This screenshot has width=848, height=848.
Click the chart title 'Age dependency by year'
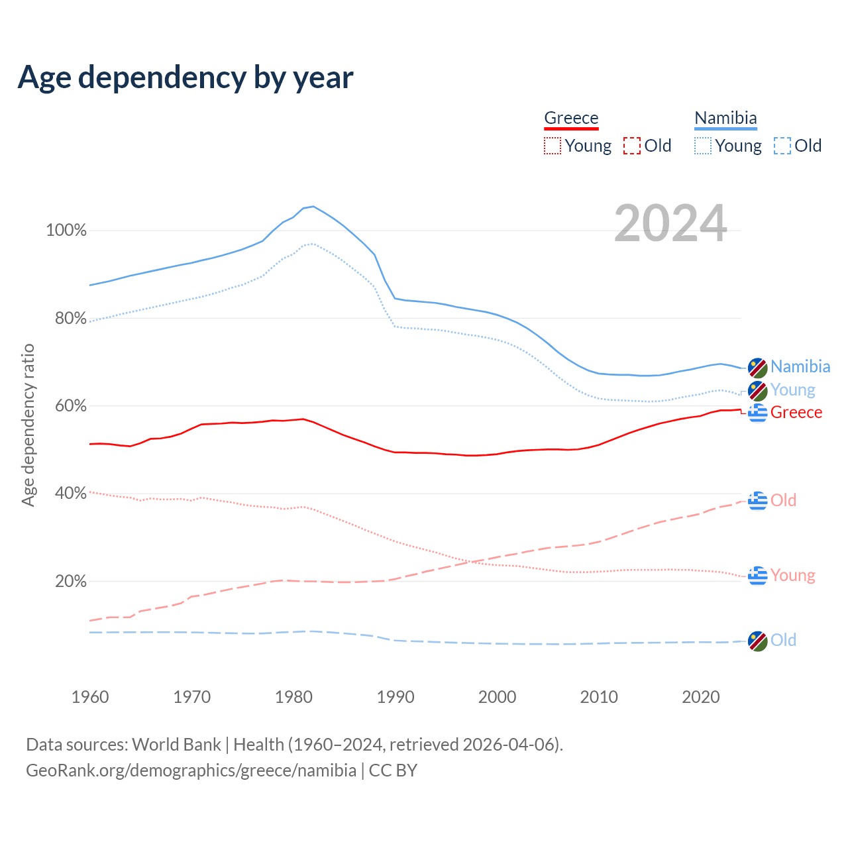(x=185, y=78)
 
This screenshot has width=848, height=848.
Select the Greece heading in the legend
(x=571, y=118)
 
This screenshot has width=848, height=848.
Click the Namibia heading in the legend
(x=725, y=118)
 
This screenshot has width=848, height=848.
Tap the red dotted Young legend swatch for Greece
(x=552, y=146)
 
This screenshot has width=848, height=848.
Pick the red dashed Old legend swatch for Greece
(x=632, y=146)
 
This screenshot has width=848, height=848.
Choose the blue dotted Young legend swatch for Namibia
(x=703, y=146)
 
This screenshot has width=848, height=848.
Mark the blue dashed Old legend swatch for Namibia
(x=782, y=146)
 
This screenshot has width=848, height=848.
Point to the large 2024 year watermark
(x=670, y=223)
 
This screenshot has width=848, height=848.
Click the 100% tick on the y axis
(x=66, y=231)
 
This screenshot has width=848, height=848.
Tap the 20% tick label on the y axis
(x=71, y=582)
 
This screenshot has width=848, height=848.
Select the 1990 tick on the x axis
(x=396, y=697)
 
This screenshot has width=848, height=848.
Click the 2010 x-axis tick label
(x=599, y=697)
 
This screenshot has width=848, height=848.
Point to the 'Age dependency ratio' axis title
(x=28, y=425)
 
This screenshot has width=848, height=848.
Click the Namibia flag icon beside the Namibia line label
(x=758, y=367)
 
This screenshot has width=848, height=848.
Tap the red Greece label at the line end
(x=796, y=412)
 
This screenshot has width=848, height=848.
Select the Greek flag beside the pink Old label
(x=758, y=500)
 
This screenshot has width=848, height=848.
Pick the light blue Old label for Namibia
(x=783, y=640)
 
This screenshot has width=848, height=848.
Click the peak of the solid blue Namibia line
(x=313, y=206)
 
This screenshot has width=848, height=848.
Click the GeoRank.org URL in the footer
(x=191, y=770)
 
